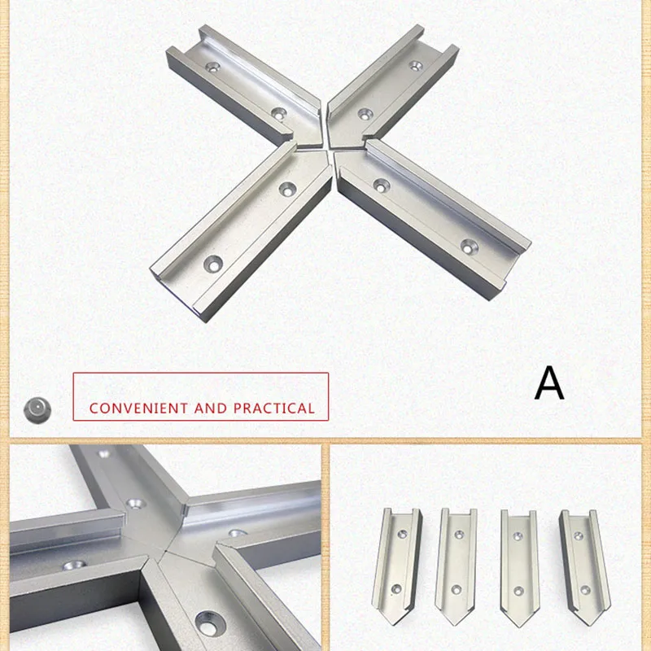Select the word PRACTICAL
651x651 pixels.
(273, 408)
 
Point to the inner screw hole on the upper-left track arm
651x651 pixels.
(279, 113)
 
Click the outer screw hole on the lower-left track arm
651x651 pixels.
(215, 263)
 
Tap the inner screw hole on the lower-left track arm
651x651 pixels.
(286, 188)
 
